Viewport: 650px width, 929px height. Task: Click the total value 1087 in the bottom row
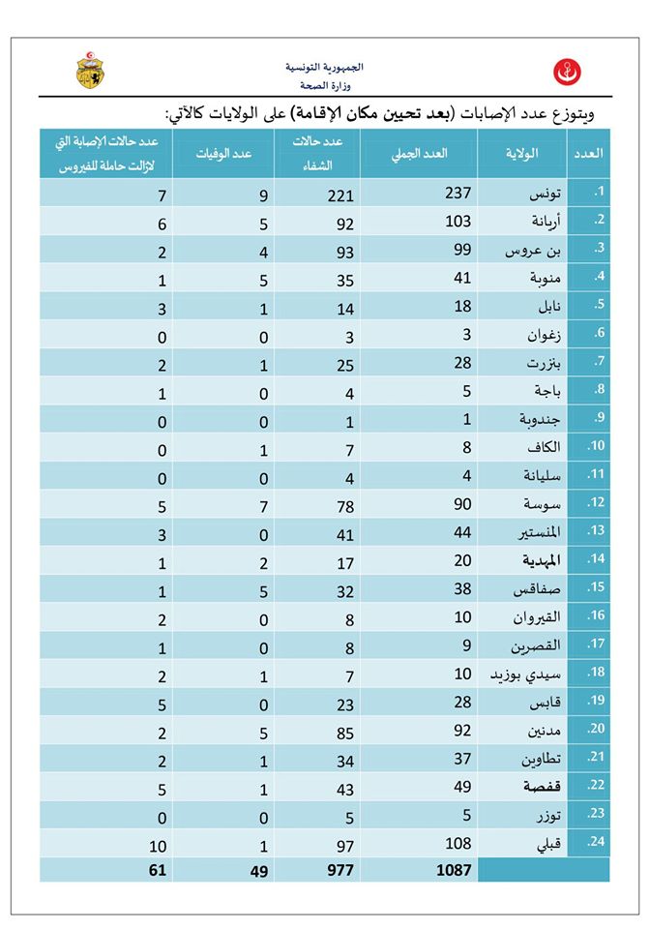453,870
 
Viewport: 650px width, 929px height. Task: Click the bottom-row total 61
158,870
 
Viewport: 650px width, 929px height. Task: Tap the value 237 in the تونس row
456,195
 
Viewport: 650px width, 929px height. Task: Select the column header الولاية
521,155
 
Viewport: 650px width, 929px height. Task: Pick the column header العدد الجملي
420,155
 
